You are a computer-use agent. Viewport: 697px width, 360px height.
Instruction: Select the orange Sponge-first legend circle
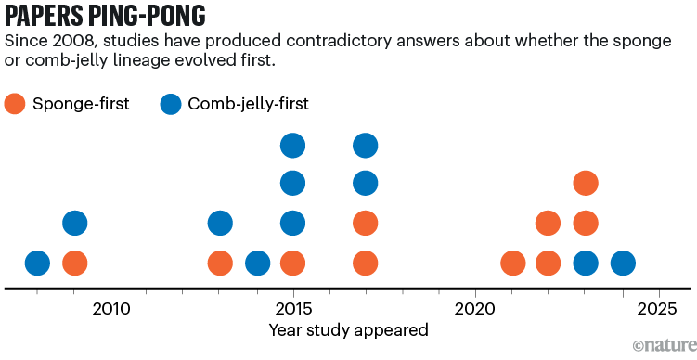tap(17, 104)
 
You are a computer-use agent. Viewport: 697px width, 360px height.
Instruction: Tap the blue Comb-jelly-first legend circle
tap(172, 104)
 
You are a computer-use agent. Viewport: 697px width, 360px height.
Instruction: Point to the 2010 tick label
tap(110, 307)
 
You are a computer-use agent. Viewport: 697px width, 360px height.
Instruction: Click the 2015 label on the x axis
tap(292, 307)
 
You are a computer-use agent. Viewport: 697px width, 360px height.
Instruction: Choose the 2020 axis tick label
tap(474, 307)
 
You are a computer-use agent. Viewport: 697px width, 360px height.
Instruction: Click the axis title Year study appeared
tap(348, 329)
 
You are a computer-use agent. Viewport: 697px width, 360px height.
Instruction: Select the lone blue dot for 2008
tap(37, 264)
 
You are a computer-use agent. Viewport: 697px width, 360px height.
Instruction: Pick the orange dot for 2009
tap(74, 264)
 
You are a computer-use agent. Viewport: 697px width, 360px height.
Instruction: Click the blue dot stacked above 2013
tap(220, 223)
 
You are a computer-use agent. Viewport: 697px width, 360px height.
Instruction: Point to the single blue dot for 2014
tap(257, 264)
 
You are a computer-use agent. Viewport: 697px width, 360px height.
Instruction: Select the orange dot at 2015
tap(292, 264)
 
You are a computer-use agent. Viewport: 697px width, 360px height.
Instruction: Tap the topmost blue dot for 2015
tap(292, 145)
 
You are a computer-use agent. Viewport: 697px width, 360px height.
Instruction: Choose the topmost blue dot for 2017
tap(366, 145)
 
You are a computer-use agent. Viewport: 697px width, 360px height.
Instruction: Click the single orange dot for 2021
tap(512, 264)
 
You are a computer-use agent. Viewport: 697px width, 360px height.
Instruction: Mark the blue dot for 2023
tap(585, 264)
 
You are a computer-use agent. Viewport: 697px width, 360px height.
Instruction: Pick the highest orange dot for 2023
tap(585, 183)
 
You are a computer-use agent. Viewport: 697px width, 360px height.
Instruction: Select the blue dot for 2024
tap(622, 264)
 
